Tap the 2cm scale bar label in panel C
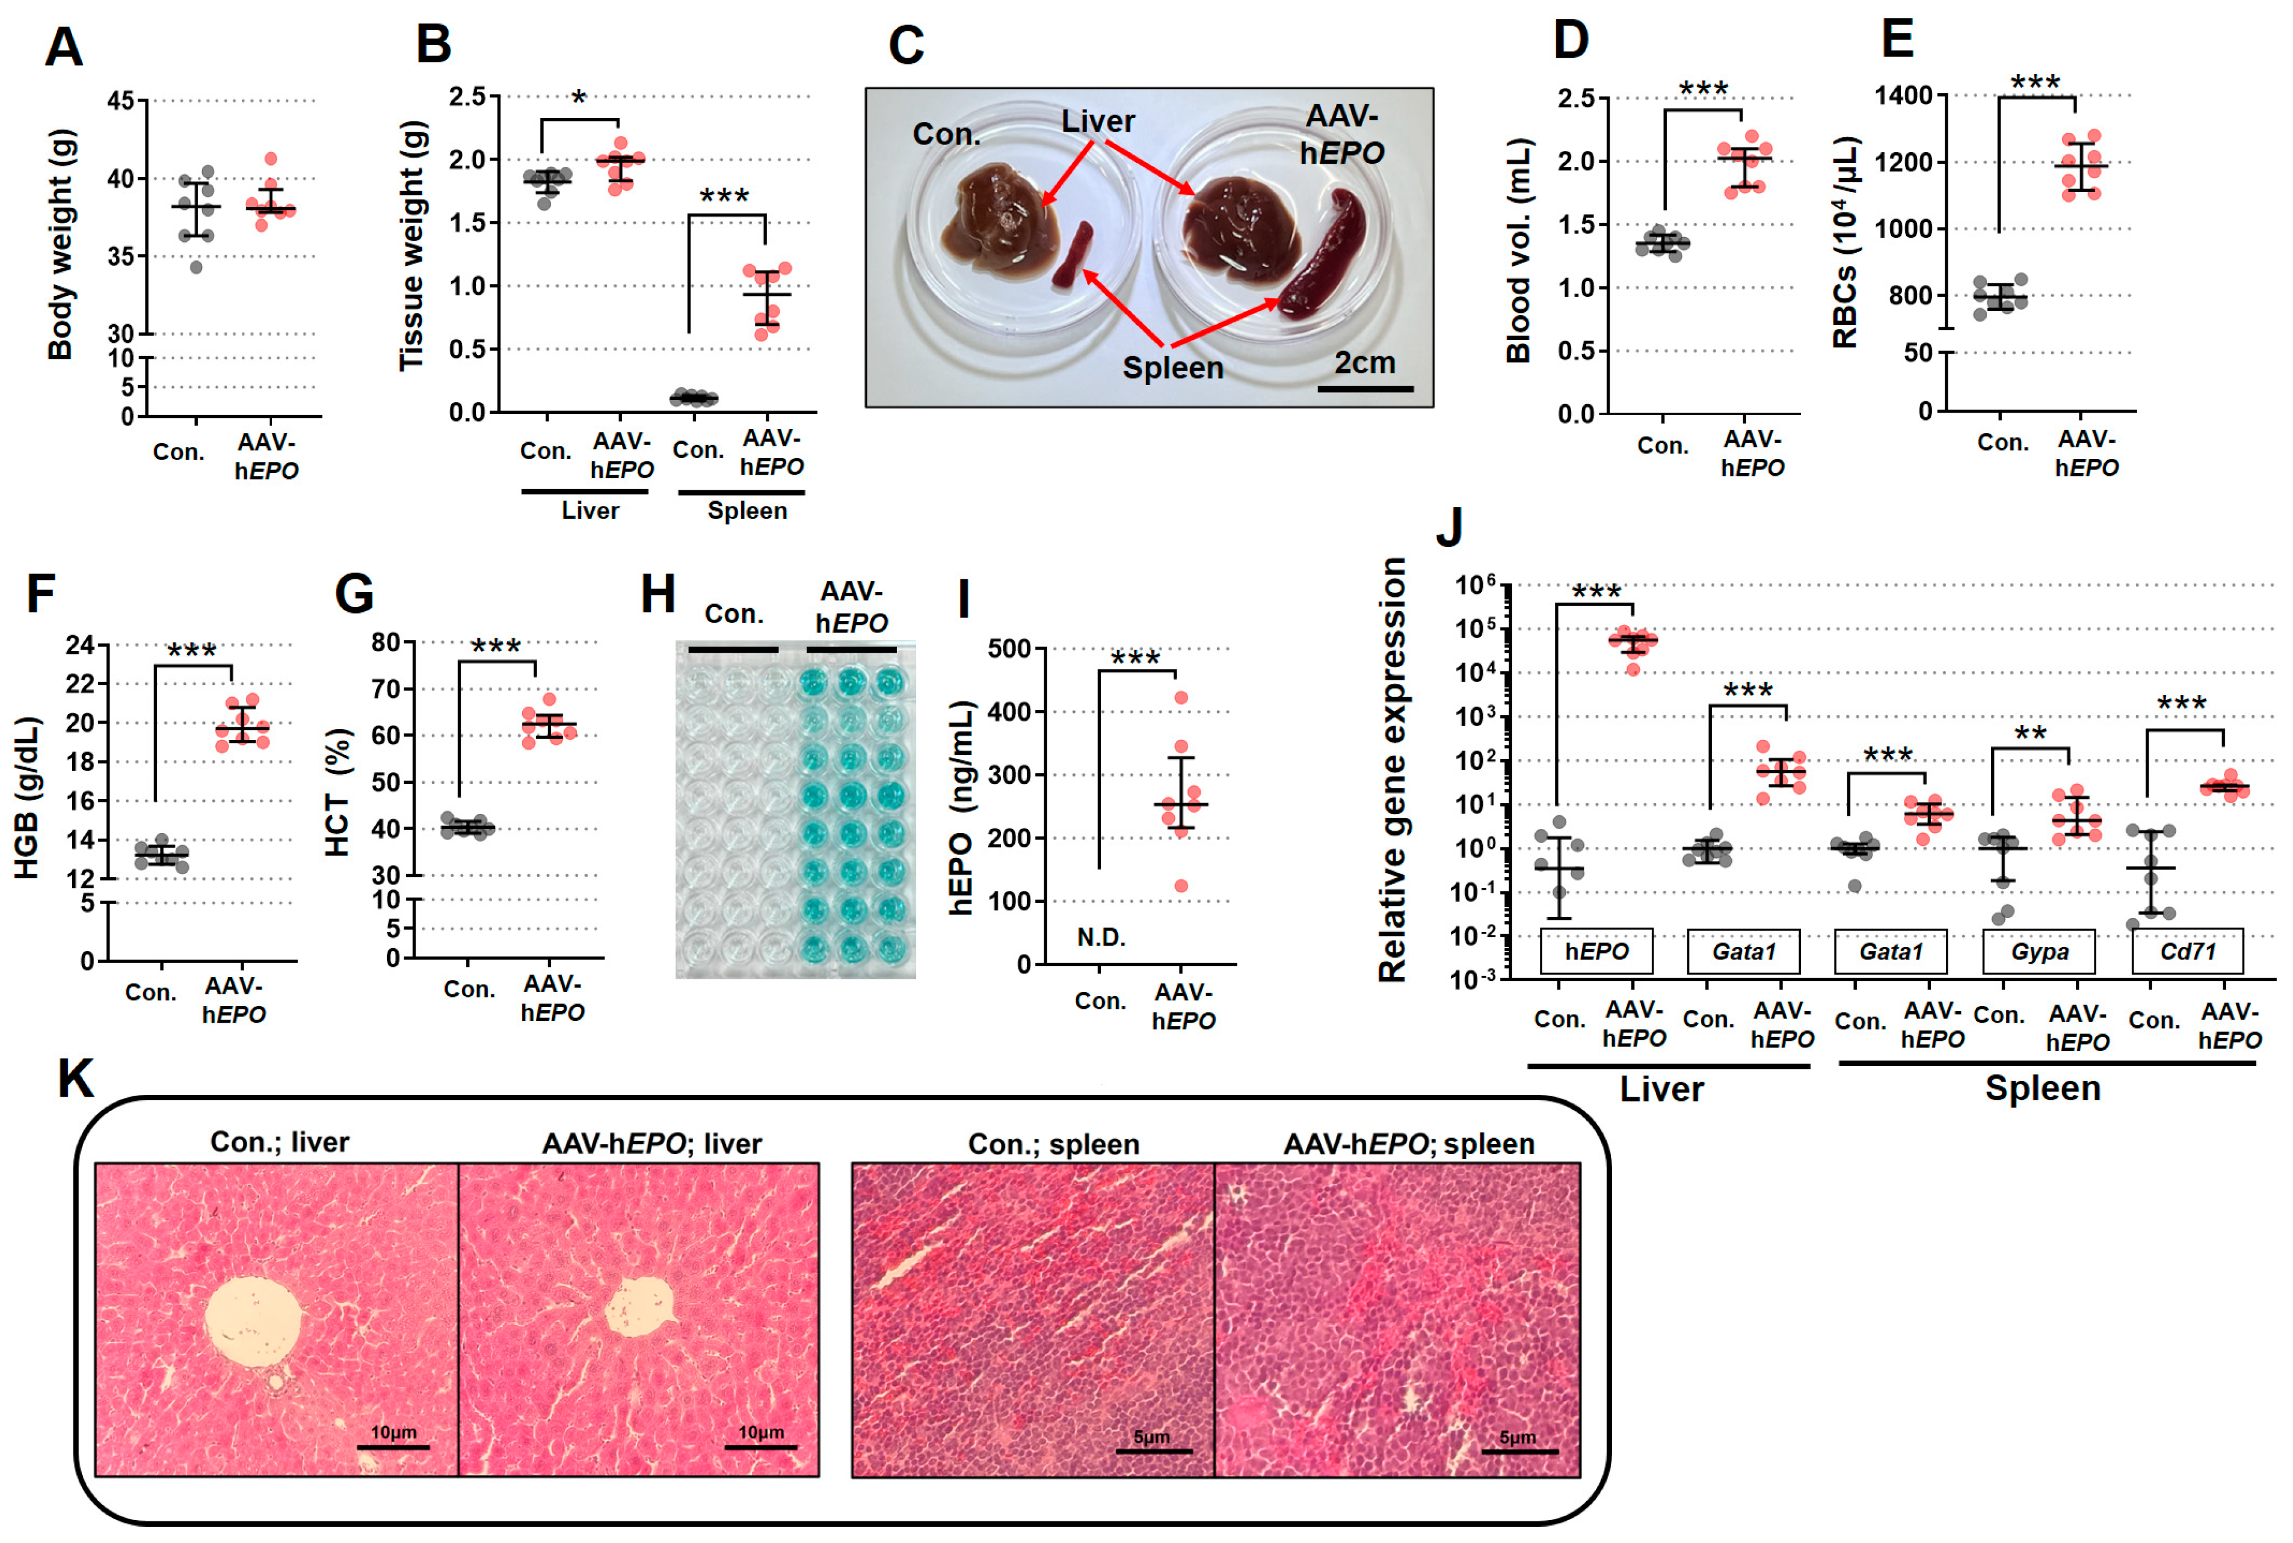pyautogui.click(x=1364, y=363)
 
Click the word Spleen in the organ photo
pyautogui.click(x=1172, y=368)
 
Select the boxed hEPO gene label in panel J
pyautogui.click(x=1596, y=952)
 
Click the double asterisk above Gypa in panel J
pyautogui.click(x=2030, y=734)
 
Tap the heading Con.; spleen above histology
pyautogui.click(x=1053, y=1144)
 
